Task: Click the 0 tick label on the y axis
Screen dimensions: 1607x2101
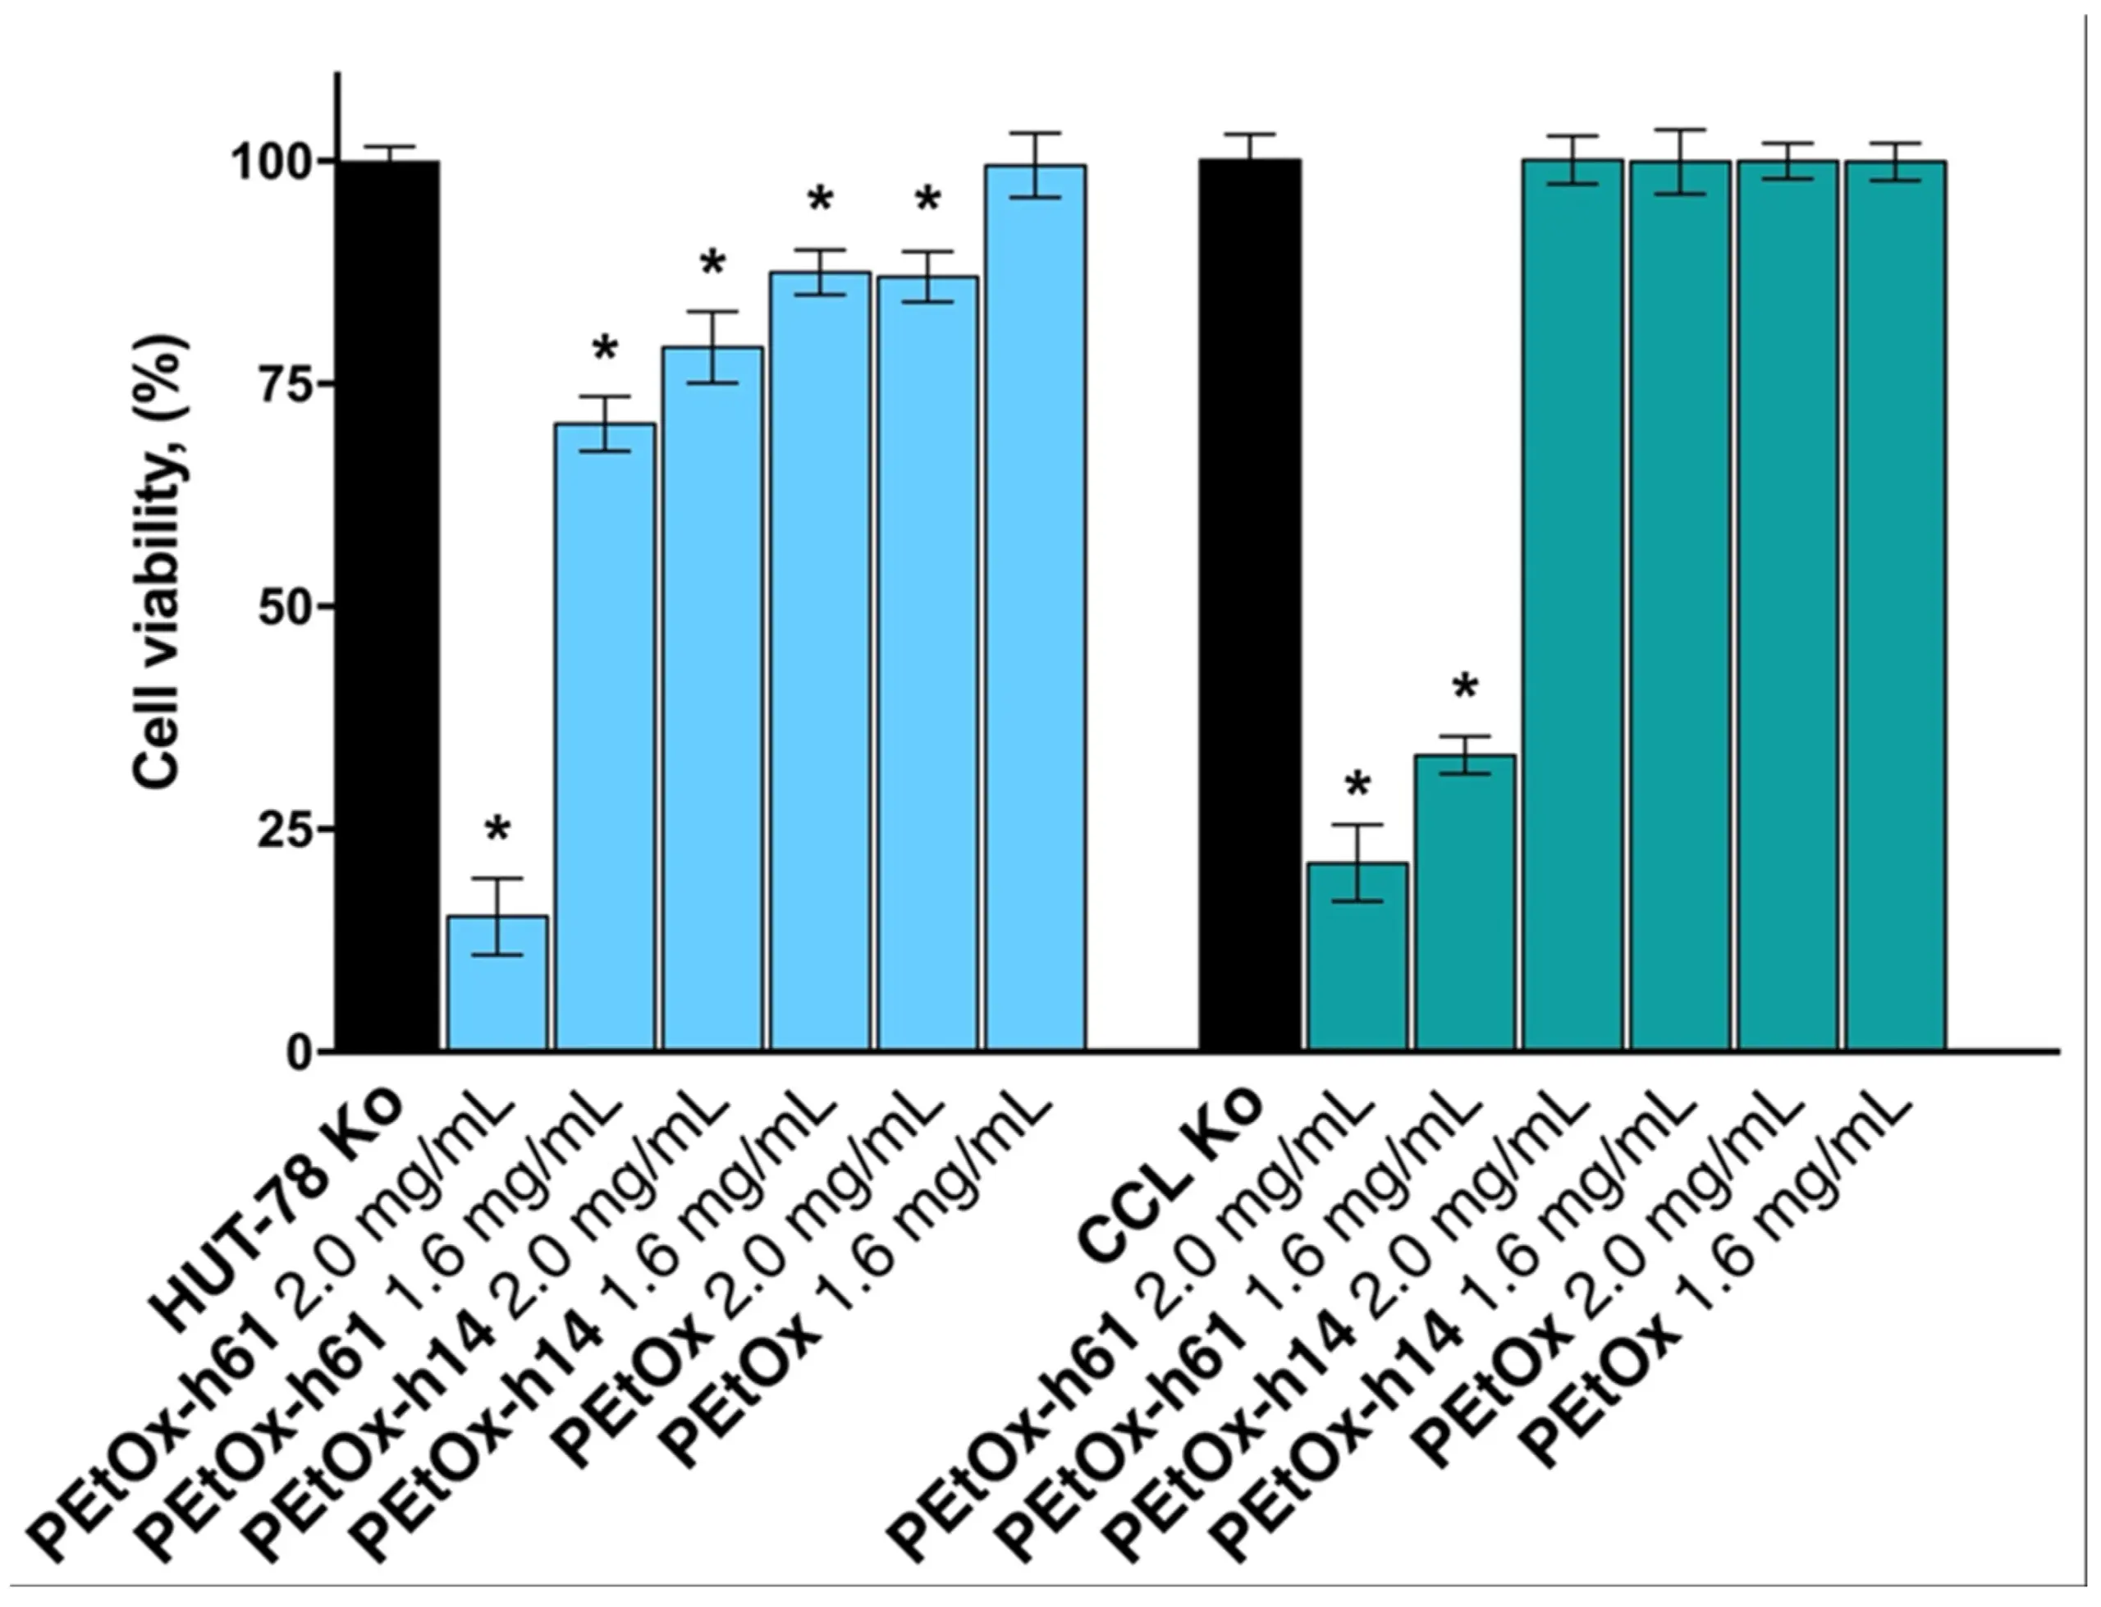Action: pyautogui.click(x=302, y=1052)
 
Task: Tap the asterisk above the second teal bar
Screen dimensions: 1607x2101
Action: pyautogui.click(x=1465, y=687)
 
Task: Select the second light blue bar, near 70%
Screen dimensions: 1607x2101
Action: pyautogui.click(x=606, y=736)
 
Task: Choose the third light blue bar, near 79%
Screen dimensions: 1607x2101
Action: pyautogui.click(x=712, y=698)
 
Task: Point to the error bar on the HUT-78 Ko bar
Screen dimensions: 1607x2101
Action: pyautogui.click(x=387, y=151)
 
